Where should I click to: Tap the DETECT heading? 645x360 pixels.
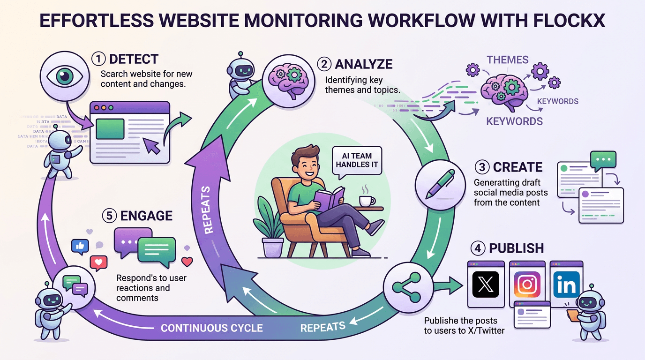coord(134,60)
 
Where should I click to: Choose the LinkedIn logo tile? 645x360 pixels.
coord(566,285)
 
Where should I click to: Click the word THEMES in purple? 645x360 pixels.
coord(507,60)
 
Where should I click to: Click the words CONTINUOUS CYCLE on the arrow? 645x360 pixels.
coord(212,328)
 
